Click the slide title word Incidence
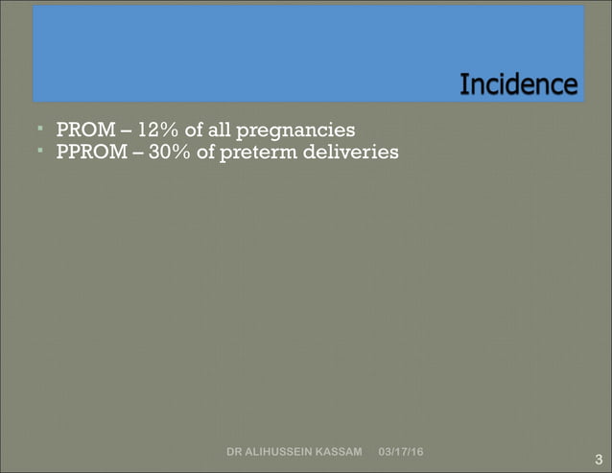[x=518, y=85]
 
